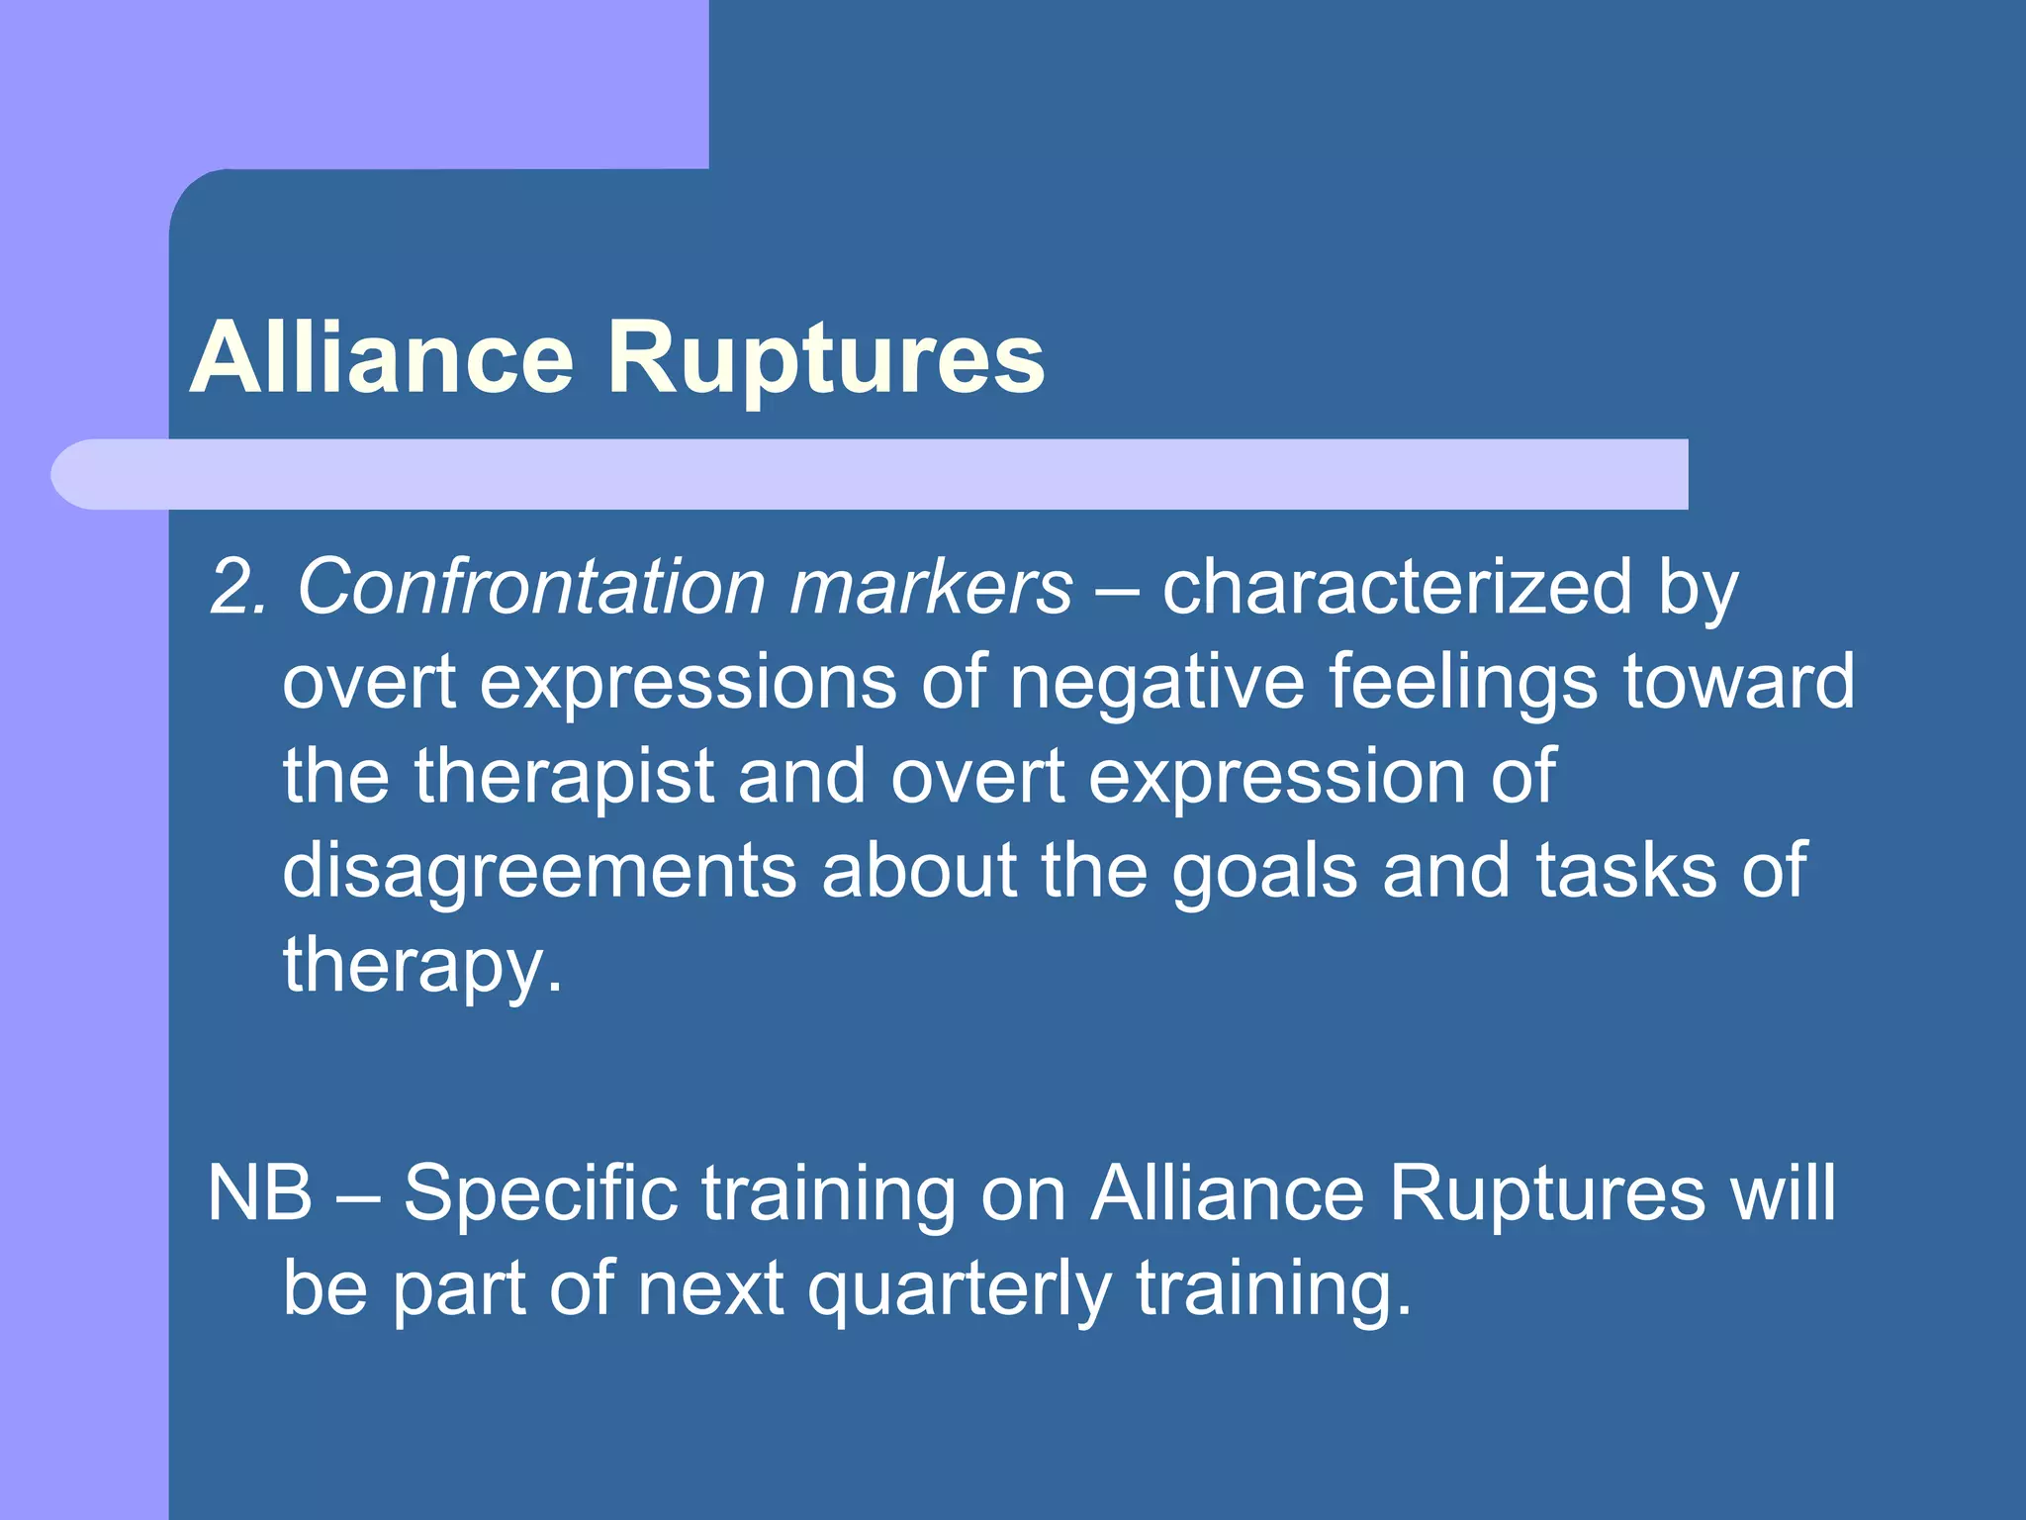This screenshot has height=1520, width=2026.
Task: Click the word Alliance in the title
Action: click(x=381, y=358)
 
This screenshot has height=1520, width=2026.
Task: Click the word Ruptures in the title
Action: click(x=826, y=358)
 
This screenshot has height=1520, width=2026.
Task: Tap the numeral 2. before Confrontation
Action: click(x=238, y=588)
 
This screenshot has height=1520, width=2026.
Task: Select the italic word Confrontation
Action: click(x=530, y=588)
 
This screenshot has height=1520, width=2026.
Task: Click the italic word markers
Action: click(x=930, y=588)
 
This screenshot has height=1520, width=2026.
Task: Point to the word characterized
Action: click(x=1396, y=588)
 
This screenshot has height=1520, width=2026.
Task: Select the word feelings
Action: click(x=1461, y=682)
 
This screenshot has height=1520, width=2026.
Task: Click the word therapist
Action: click(x=564, y=777)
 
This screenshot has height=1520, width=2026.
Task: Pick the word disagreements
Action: click(x=539, y=871)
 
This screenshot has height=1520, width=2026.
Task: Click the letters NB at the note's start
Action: click(x=259, y=1193)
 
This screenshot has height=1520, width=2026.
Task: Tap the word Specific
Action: click(x=540, y=1193)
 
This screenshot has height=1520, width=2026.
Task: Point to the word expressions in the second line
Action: click(x=688, y=682)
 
